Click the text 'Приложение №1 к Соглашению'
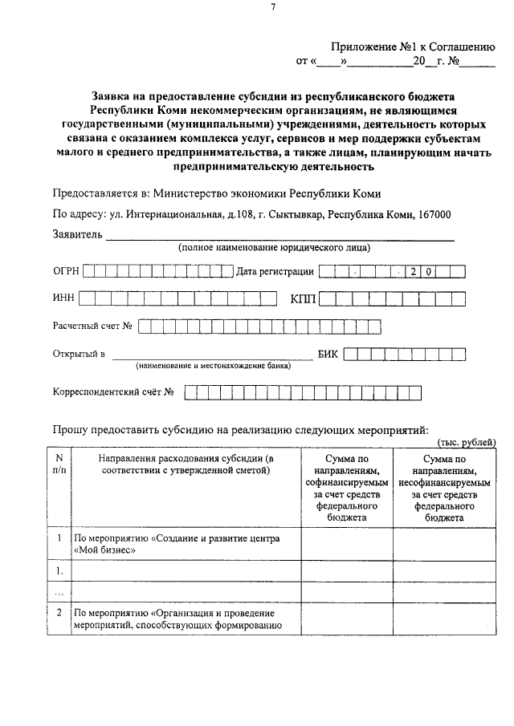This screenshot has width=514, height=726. point(414,47)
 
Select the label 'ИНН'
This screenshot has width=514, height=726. point(63,298)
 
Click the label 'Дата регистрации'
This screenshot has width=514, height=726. point(275,272)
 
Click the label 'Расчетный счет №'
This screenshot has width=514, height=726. point(92,326)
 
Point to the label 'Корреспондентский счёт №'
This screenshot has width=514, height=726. point(113,392)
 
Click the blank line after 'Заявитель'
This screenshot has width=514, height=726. point(281,237)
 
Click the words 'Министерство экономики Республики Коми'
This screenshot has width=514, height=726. point(267,193)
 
